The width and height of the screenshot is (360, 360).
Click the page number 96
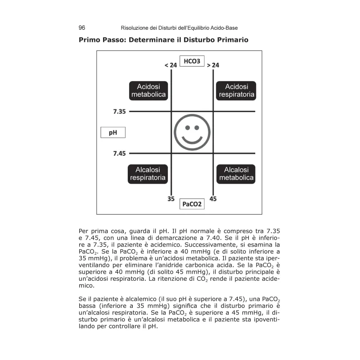[82, 27]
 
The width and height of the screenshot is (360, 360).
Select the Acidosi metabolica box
[148, 90]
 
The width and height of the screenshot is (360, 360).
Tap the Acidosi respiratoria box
[236, 90]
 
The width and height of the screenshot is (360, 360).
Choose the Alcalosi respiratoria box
[148, 174]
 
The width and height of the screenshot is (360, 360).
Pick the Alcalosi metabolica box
[236, 174]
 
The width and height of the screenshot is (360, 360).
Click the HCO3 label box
[192, 61]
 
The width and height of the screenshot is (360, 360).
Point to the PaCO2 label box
[192, 204]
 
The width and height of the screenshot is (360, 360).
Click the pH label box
[112, 132]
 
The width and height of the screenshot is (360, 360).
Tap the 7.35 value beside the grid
[119, 111]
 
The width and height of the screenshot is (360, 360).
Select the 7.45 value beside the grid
[119, 153]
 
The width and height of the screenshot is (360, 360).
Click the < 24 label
[171, 65]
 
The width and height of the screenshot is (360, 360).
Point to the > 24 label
[213, 65]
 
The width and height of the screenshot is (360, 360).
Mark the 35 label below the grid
[171, 198]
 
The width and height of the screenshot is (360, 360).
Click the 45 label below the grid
[213, 198]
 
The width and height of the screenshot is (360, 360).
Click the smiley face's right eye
[197, 127]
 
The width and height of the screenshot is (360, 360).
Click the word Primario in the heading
[230, 40]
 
